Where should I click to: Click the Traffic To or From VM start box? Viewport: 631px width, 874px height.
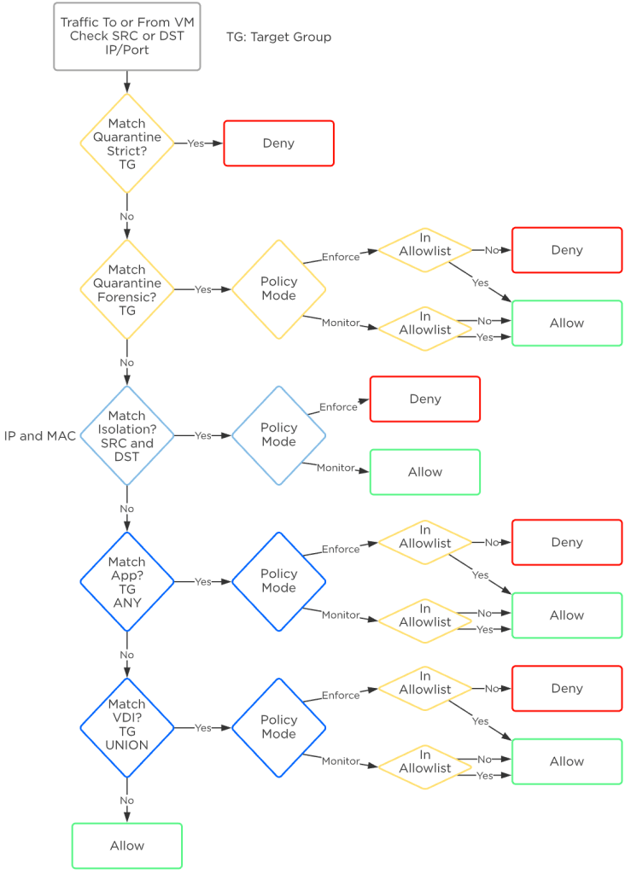(127, 37)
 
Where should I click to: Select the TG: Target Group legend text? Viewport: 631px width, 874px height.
(278, 37)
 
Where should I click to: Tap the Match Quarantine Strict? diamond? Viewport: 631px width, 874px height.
(127, 143)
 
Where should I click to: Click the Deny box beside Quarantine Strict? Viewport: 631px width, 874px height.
(278, 143)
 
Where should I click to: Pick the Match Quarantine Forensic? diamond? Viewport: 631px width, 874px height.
(127, 289)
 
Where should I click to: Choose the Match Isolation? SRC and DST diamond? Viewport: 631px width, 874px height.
(127, 435)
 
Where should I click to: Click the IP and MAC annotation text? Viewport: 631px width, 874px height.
(40, 436)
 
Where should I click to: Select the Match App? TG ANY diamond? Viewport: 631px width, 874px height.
(127, 582)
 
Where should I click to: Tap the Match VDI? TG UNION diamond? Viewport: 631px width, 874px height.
(127, 728)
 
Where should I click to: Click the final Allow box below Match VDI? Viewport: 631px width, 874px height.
(127, 845)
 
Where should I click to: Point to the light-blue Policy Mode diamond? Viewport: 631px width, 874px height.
(278, 435)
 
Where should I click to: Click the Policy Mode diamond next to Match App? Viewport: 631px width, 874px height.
(278, 582)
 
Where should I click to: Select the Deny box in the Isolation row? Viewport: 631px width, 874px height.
(424, 399)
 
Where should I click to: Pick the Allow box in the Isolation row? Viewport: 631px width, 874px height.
(424, 472)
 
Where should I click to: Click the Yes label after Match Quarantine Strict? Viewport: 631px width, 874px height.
(196, 143)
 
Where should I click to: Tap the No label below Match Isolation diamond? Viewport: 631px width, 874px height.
(127, 509)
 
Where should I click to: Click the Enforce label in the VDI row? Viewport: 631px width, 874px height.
(340, 696)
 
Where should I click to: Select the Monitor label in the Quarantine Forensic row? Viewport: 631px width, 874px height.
(340, 323)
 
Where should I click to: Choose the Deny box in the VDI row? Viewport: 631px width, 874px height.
(567, 689)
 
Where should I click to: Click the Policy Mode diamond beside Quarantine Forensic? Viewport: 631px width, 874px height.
(278, 289)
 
